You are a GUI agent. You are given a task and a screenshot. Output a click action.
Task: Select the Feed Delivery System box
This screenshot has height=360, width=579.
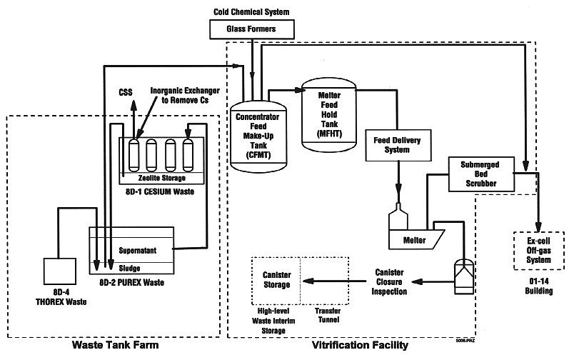[393, 144]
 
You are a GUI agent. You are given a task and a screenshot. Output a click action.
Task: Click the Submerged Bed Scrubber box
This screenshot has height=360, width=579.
[483, 173]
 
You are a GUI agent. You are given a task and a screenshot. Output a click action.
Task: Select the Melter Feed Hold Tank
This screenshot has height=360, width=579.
[327, 116]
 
